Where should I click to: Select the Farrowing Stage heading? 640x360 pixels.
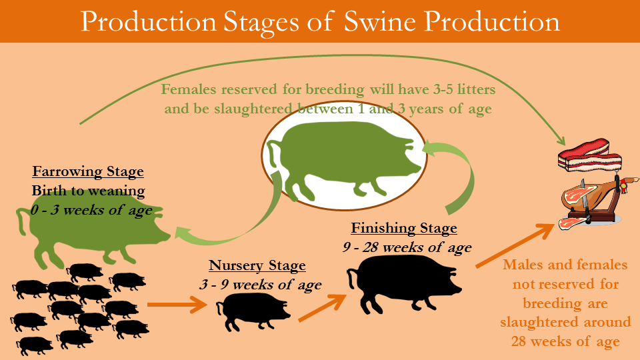coord(88,171)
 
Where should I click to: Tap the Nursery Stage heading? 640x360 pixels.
coord(257,266)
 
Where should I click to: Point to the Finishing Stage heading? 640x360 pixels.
coord(404,228)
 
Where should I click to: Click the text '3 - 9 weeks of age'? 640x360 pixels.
coord(261,285)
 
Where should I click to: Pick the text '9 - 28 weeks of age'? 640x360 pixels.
coord(407,247)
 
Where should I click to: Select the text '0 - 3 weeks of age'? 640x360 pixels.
coord(91,210)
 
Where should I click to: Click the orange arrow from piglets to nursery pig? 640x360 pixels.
coord(177,305)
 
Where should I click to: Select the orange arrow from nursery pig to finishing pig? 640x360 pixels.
coord(323,307)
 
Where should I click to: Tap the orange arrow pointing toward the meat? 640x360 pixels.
coord(515,245)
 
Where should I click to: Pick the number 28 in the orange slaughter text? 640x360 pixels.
coord(519,341)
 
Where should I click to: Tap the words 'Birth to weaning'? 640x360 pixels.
coord(88,191)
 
